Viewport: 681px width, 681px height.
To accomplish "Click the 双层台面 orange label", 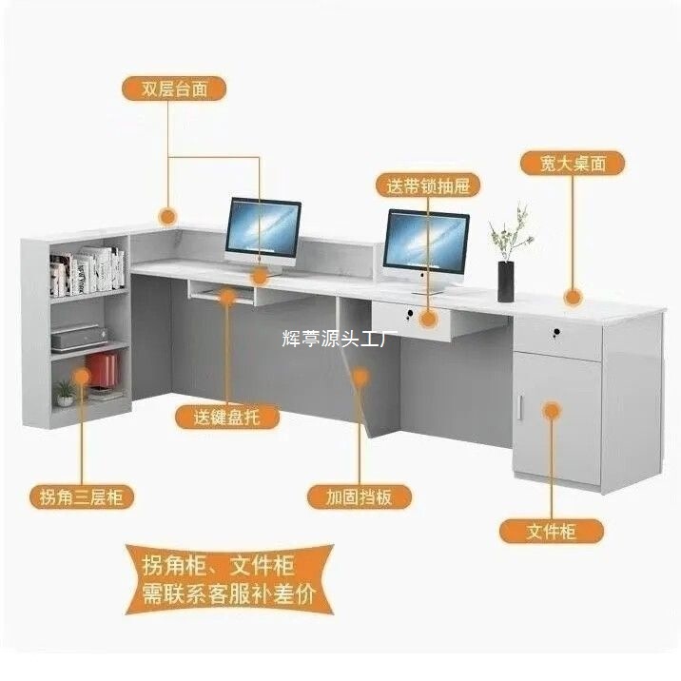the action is pyautogui.click(x=175, y=88).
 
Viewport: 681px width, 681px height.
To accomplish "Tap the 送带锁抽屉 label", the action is pyautogui.click(x=426, y=184).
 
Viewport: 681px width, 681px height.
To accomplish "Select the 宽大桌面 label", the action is pyautogui.click(x=573, y=163).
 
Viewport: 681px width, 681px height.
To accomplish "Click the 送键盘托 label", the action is pyautogui.click(x=225, y=417).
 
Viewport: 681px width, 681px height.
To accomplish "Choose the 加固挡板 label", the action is pyautogui.click(x=359, y=496).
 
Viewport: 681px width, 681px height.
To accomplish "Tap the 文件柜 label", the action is pyautogui.click(x=552, y=530).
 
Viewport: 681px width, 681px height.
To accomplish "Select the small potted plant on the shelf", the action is pyautogui.click(x=65, y=391).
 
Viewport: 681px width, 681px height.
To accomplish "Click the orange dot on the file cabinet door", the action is pyautogui.click(x=553, y=410).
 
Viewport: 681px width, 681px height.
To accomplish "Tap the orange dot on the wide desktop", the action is pyautogui.click(x=572, y=299).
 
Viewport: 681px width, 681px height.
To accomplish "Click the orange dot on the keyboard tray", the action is pyautogui.click(x=226, y=297).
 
